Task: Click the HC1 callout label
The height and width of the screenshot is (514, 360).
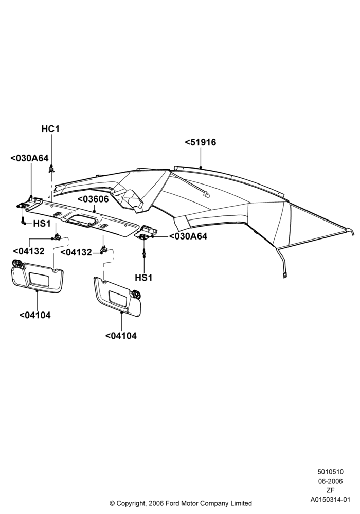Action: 50,129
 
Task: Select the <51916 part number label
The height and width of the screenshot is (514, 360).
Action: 201,142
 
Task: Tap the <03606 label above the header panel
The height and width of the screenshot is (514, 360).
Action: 93,199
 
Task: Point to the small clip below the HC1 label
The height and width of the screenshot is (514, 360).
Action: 52,169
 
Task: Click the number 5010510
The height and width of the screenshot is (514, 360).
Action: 330,472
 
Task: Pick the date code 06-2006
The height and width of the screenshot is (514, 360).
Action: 330,481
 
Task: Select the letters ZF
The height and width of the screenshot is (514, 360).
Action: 330,490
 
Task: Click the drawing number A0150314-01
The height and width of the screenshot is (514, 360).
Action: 330,500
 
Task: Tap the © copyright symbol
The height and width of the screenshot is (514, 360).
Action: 112,503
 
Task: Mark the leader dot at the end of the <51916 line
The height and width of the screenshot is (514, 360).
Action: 201,168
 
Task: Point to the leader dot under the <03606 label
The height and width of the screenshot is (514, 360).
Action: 94,211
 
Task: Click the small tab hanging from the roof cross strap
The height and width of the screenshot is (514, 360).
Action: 207,195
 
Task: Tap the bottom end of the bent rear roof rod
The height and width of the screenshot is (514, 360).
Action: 284,276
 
